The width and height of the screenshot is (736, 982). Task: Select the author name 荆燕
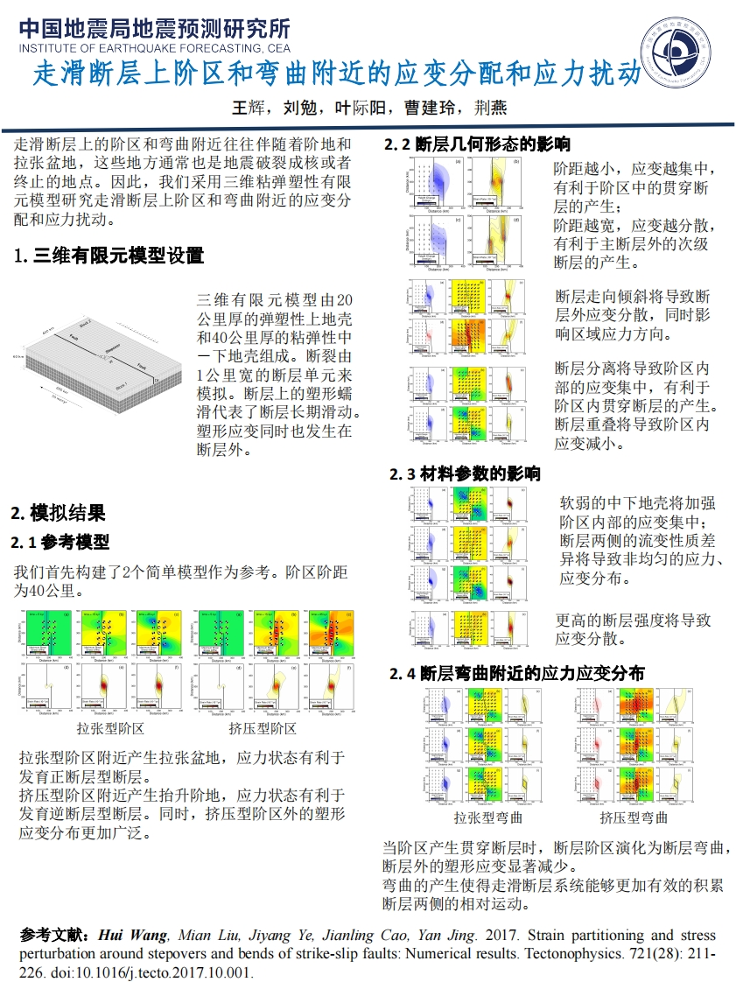coord(489,109)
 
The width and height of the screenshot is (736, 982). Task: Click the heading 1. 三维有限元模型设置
coord(109,256)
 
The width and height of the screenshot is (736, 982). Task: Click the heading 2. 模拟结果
coord(58,513)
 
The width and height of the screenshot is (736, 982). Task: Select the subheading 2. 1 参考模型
coord(60,543)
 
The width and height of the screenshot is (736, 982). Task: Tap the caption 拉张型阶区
coord(110,728)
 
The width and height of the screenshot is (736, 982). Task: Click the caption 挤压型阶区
coord(263,728)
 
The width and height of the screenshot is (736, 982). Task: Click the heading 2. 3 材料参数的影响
coord(465,473)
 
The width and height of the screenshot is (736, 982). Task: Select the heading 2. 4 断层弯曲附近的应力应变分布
coord(516,673)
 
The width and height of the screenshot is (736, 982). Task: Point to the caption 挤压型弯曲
coord(634,817)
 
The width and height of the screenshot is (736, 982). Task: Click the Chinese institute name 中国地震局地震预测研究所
coord(154,29)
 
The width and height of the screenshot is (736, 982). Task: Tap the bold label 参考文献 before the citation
coord(54,935)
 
